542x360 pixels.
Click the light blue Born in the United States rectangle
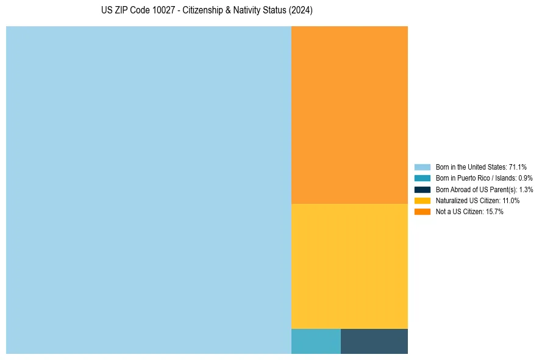point(148,190)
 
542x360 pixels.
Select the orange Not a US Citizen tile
point(349,115)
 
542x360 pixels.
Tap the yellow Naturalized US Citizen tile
point(349,266)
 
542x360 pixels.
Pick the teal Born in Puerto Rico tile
point(316,341)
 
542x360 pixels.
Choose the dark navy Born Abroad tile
point(374,341)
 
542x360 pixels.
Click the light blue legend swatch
point(422,167)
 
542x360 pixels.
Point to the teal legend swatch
point(422,178)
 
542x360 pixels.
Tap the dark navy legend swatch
point(422,189)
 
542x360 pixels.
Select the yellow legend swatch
point(422,200)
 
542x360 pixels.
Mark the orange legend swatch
point(422,211)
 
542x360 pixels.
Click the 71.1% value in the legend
point(518,167)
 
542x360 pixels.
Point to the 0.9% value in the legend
point(526,178)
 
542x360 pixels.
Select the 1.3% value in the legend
point(526,189)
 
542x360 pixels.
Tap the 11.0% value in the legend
point(511,200)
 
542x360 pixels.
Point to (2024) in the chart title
point(301,11)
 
